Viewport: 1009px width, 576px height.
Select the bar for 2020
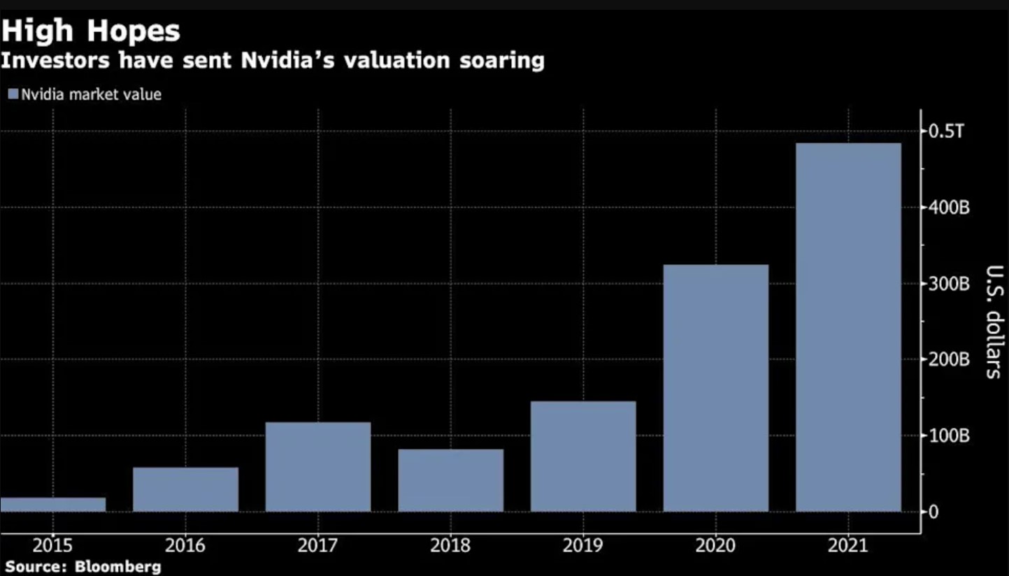coord(715,388)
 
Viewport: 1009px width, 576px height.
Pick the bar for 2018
coord(450,480)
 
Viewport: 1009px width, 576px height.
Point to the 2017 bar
coord(318,466)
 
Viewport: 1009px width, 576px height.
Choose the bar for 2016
coord(185,489)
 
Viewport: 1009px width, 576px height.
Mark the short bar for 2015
coord(53,504)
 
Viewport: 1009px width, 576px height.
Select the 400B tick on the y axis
coord(949,208)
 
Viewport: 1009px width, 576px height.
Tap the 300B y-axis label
coord(949,284)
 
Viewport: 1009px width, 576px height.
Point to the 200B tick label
coord(949,360)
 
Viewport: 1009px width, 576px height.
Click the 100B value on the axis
coord(949,436)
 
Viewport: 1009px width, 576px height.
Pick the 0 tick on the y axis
coord(933,512)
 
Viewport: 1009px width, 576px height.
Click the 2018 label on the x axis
coord(450,545)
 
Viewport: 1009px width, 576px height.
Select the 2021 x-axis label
coord(847,545)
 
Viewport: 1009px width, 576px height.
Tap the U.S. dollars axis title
coord(992,322)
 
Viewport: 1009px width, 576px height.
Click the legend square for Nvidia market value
coord(13,94)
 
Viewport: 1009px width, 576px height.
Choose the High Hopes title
coord(91,31)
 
